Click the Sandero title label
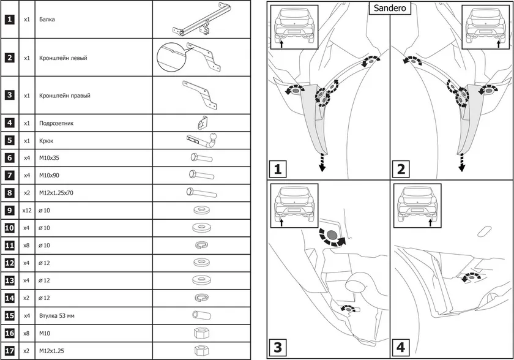[x=389, y=9]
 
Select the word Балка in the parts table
[x=47, y=20]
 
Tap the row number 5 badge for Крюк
[x=10, y=140]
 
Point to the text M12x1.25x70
[x=57, y=193]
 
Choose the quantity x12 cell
[x=26, y=211]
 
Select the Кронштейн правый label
[x=64, y=96]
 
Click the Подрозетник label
[x=56, y=123]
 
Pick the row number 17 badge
[x=10, y=351]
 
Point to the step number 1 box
[x=278, y=168]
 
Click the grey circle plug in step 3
[x=331, y=235]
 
